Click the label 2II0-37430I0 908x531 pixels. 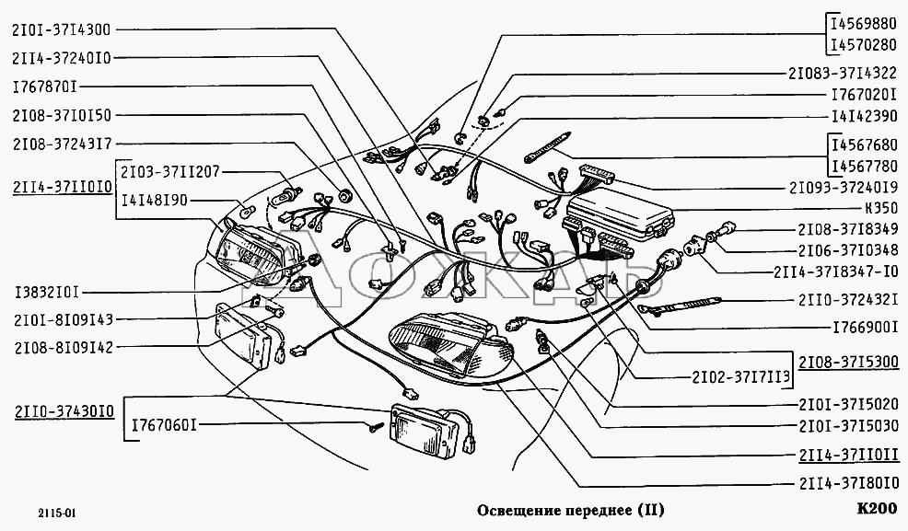pos(62,411)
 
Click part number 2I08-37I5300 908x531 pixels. pos(847,362)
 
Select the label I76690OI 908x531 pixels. pos(864,327)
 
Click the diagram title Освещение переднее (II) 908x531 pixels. pos(569,510)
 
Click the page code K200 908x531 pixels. pos(875,509)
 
